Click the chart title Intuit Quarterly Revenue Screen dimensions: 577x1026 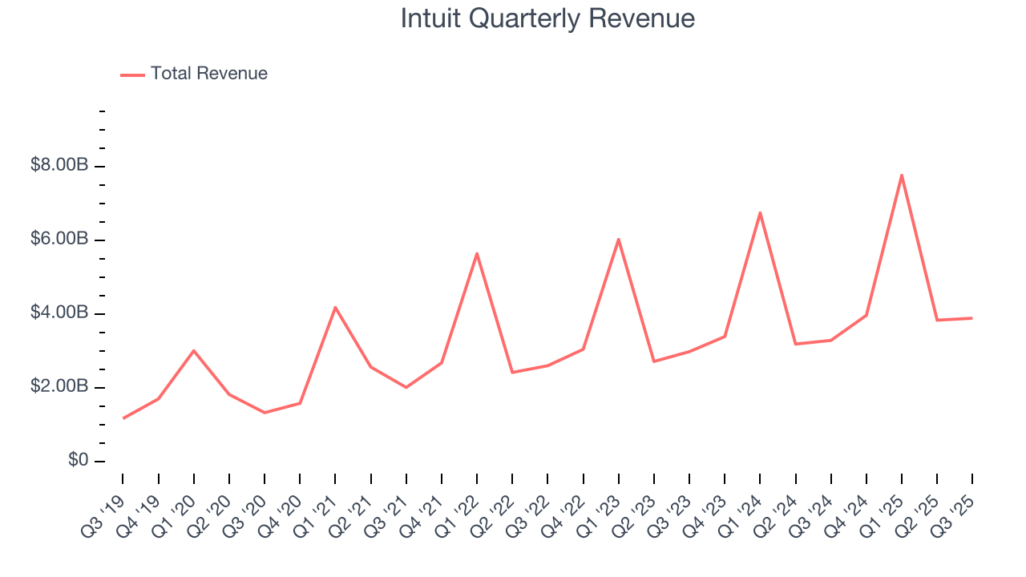coord(547,18)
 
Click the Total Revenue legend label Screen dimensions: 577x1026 coord(208,74)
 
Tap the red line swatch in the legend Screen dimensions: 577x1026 coord(132,75)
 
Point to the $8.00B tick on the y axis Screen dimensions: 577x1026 coord(59,166)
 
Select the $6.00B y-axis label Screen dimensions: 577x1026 coord(59,240)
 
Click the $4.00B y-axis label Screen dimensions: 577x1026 coord(59,313)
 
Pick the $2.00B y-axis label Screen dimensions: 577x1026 coord(59,387)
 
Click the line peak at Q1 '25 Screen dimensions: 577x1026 coord(902,175)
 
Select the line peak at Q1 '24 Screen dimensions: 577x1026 coord(760,212)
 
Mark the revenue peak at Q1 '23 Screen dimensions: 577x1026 coord(618,239)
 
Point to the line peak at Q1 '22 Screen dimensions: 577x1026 coord(477,253)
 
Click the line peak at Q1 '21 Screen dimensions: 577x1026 coord(335,307)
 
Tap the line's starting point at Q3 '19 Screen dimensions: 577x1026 coord(123,418)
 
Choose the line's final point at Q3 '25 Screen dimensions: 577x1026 coord(972,318)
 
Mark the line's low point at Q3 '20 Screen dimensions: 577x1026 coord(265,413)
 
